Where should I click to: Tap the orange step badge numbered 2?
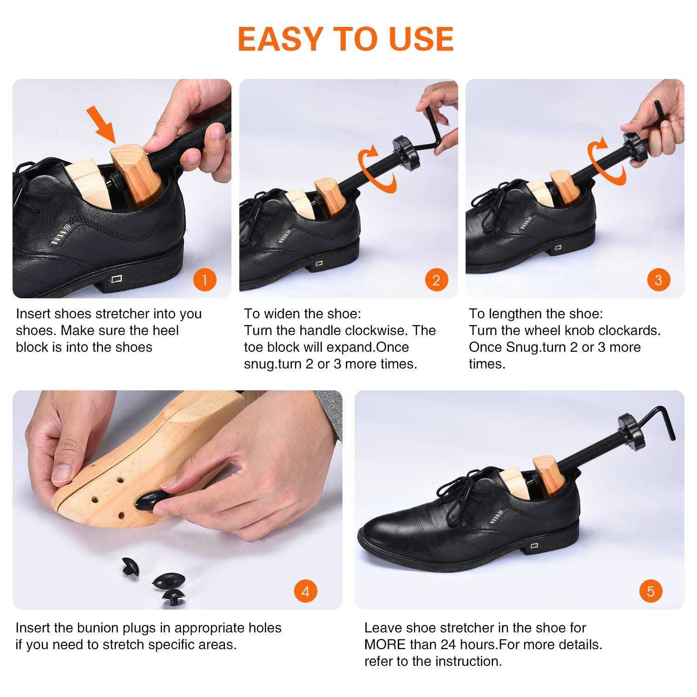pyautogui.click(x=436, y=280)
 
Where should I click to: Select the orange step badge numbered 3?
pyautogui.click(x=658, y=280)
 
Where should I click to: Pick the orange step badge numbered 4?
pyautogui.click(x=305, y=592)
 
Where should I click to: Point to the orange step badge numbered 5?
pyautogui.click(x=650, y=592)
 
